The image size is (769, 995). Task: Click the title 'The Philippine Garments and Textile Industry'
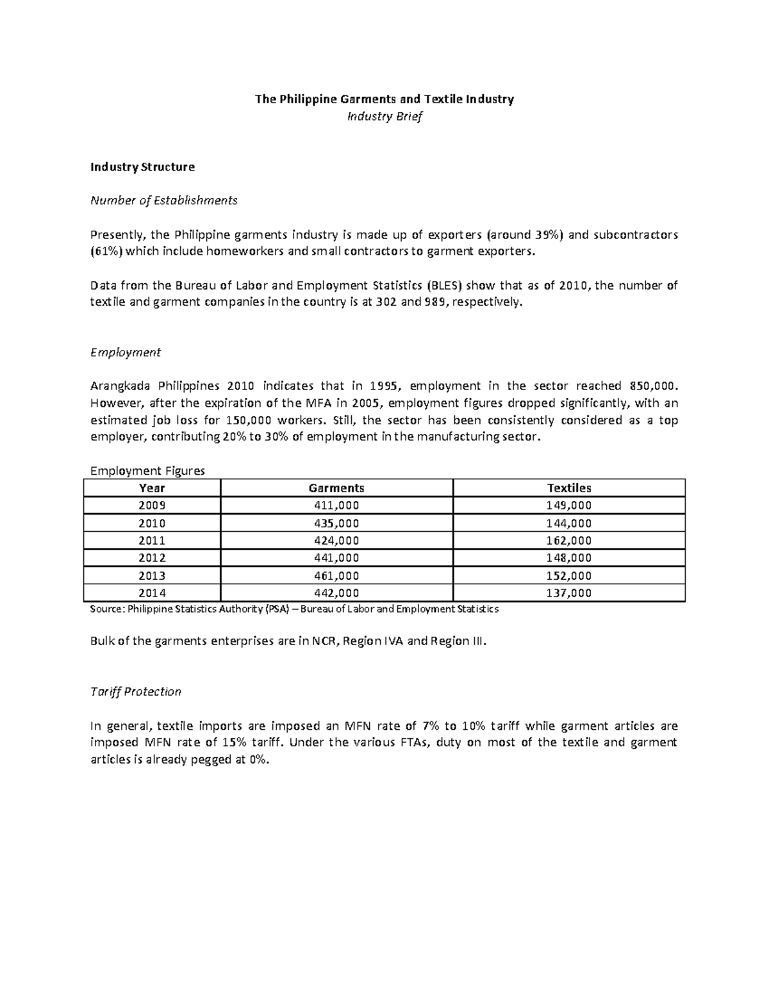[384, 99]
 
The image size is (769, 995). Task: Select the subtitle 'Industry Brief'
[384, 117]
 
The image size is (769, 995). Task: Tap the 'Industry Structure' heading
[142, 167]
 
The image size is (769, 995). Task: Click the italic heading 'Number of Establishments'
[164, 201]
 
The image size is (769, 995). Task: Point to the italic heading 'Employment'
[126, 352]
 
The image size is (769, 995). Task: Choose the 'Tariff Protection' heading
[136, 692]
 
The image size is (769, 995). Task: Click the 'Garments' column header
[336, 488]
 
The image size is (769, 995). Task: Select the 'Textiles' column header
[569, 488]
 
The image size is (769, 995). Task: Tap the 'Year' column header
[152, 488]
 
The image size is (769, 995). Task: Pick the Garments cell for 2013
[336, 576]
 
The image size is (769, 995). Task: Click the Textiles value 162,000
[569, 541]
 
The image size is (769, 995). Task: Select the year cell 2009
[152, 506]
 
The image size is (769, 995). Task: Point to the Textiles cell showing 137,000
[569, 593]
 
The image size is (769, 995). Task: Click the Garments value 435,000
[336, 523]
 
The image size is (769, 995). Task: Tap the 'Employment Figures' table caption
[147, 471]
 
